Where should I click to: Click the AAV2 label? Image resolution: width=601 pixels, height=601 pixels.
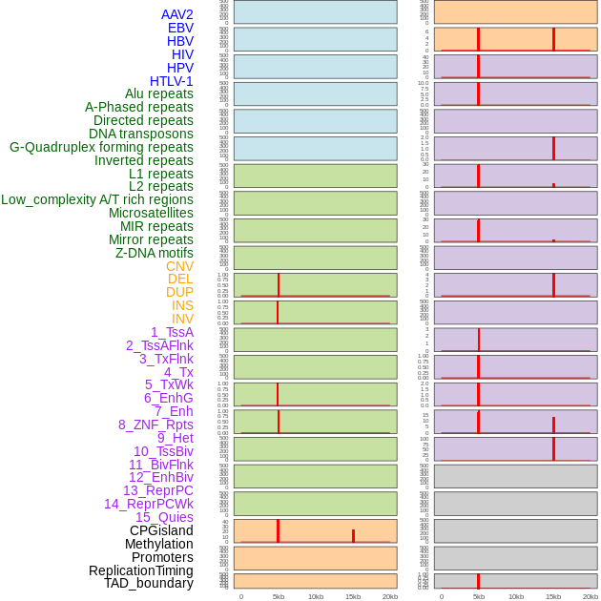[176, 14]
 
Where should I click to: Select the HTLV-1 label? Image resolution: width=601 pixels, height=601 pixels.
[171, 81]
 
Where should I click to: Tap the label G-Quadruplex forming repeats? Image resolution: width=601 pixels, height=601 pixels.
[101, 147]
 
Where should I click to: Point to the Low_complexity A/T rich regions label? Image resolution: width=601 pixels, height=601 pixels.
[97, 199]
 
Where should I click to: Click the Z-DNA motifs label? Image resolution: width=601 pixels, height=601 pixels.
[155, 253]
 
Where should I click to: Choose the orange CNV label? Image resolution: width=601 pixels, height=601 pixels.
[179, 266]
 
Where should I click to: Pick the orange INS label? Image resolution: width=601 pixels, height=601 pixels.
[182, 305]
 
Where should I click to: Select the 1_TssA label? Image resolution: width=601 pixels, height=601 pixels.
[172, 332]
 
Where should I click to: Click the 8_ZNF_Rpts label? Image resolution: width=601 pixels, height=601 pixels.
[155, 425]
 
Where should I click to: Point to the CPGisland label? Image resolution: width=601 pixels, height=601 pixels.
[161, 530]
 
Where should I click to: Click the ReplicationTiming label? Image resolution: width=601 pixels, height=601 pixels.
[140, 570]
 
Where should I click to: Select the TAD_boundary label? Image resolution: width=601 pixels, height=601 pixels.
[149, 583]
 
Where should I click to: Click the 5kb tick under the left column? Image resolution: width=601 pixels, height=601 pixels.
[279, 596]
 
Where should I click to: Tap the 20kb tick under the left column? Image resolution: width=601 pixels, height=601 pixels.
[389, 596]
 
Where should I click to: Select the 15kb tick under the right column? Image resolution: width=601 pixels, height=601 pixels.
[553, 596]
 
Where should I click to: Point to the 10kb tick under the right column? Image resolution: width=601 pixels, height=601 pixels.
[516, 596]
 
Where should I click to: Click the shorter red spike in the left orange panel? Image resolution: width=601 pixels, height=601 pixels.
[353, 536]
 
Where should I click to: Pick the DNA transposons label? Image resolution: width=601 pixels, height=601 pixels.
[141, 134]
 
